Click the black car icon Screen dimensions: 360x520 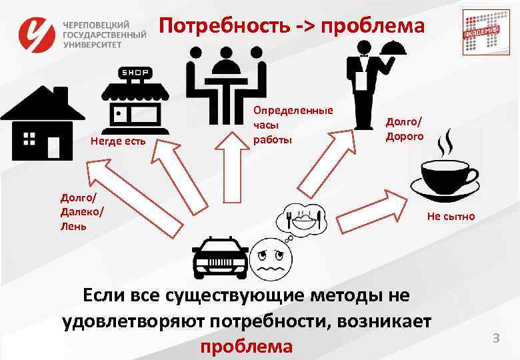[219, 257]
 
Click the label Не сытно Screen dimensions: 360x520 [451, 216]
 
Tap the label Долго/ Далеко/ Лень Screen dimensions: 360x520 [81, 211]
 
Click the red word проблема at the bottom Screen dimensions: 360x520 [247, 347]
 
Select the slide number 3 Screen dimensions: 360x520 [495, 339]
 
